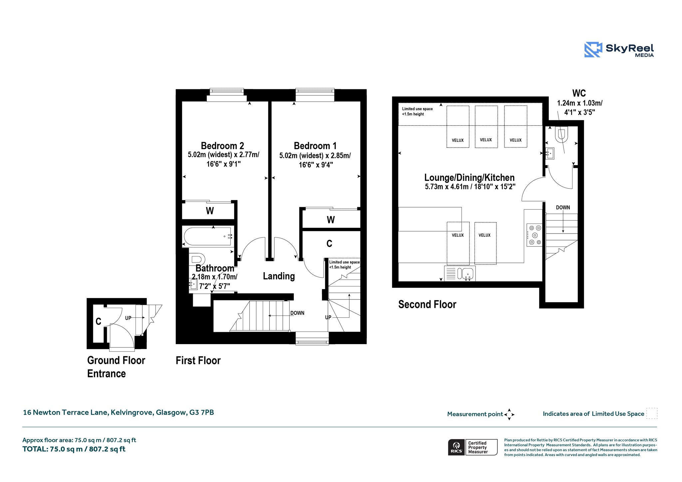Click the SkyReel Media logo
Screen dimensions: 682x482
point(619,50)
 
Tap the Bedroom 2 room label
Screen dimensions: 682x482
point(222,146)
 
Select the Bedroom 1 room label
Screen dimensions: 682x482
point(315,146)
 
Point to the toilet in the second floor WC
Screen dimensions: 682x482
point(561,135)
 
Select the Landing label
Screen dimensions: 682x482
point(279,276)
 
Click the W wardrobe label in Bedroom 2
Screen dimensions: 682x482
point(210,211)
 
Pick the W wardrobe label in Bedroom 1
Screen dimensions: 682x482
point(331,220)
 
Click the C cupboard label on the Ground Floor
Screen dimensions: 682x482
point(98,321)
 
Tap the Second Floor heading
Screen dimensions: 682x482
point(427,304)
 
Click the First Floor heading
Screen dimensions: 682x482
point(198,360)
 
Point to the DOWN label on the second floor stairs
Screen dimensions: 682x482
point(563,208)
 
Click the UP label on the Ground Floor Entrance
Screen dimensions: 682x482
point(128,318)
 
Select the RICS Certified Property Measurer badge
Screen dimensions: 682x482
point(473,447)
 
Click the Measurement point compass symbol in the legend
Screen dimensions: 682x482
point(509,414)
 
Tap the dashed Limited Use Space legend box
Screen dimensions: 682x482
point(652,413)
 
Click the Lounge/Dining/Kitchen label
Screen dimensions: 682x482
point(470,178)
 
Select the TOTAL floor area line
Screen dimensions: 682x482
point(74,449)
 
